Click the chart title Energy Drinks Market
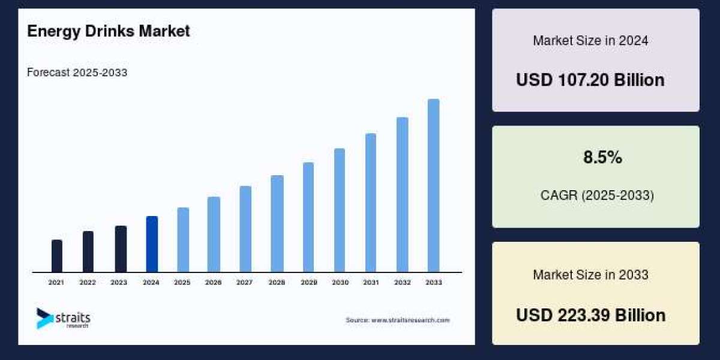[x=109, y=31]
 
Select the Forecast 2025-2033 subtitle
[x=77, y=73]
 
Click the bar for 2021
[x=57, y=256]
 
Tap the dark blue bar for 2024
[x=152, y=244]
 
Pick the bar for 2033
[x=433, y=185]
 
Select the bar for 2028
[x=277, y=224]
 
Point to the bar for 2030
[x=340, y=210]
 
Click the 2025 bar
[x=183, y=240]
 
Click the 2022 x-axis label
[x=88, y=282]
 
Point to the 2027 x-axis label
[x=245, y=282]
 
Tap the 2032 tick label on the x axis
[x=402, y=282]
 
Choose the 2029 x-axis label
[x=308, y=282]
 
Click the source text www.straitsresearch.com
[x=397, y=320]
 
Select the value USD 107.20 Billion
[x=590, y=80]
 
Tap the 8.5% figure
[x=602, y=158]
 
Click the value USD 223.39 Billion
[x=590, y=315]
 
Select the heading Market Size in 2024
[x=590, y=41]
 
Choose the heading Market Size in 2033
[x=590, y=275]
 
